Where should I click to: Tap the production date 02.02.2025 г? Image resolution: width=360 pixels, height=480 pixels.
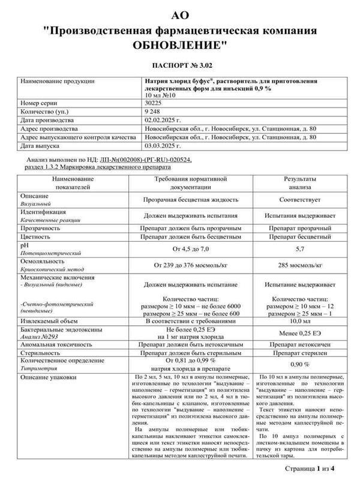pyautogui.click(x=164, y=120)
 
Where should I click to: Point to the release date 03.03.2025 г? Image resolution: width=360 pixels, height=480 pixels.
pyautogui.click(x=164, y=145)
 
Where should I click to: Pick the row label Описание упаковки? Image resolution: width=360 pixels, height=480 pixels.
pyautogui.click(x=49, y=377)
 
